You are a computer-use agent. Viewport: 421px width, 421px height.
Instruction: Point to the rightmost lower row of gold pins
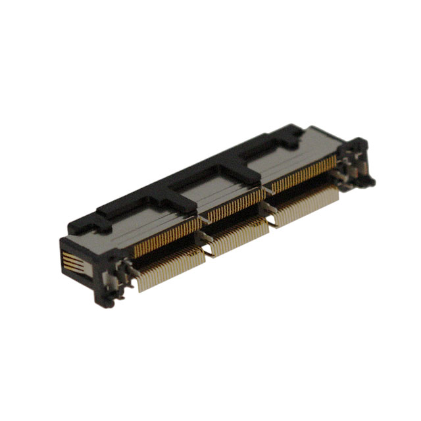306,206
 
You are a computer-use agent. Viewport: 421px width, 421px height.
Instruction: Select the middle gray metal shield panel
217,190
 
